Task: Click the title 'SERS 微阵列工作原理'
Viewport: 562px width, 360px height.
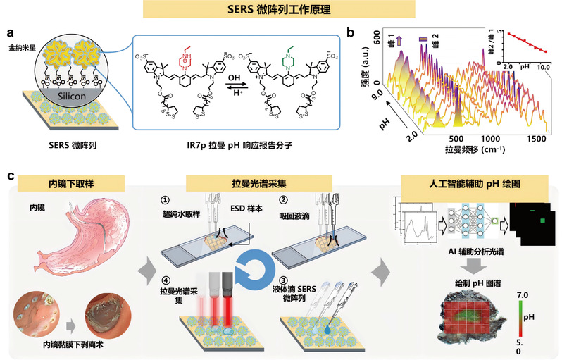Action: tap(280, 11)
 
